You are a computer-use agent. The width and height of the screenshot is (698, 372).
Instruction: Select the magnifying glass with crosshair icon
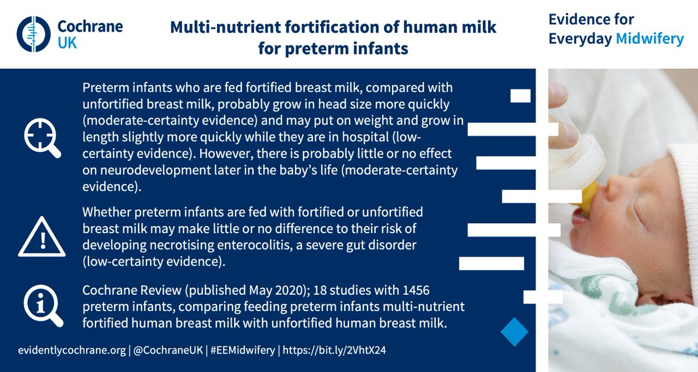41,138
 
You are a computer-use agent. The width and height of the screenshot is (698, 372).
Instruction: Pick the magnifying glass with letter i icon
41,306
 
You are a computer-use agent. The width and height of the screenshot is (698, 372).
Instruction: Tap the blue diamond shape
514,332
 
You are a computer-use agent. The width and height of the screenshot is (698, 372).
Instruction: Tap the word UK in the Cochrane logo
67,42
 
